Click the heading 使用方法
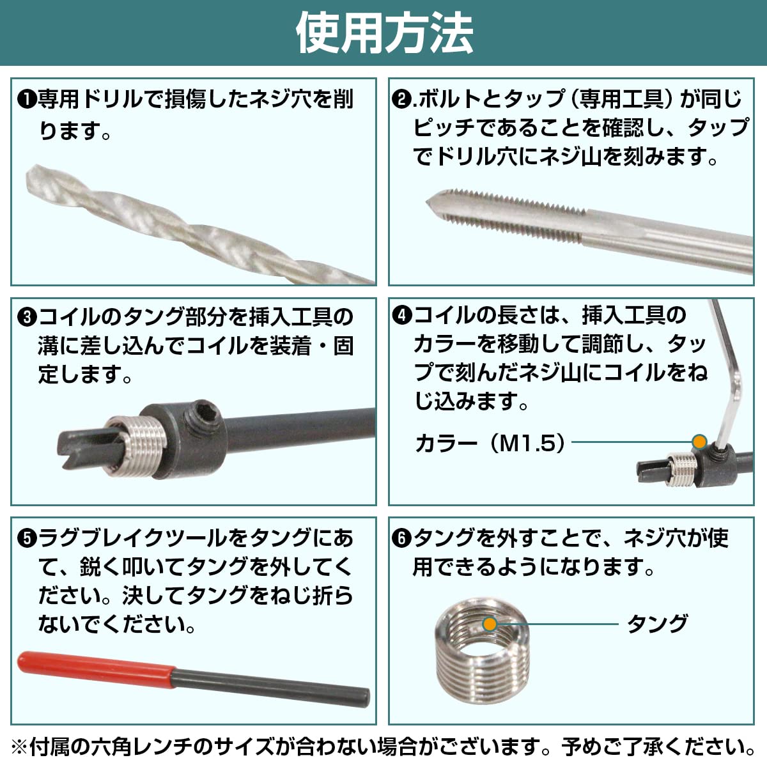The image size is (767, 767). click(x=384, y=33)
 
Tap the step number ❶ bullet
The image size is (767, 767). click(x=27, y=100)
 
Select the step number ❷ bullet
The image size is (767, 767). click(x=401, y=100)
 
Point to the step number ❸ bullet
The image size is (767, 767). click(x=27, y=318)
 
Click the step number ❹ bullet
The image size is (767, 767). click(x=401, y=316)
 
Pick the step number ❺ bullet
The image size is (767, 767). click(x=27, y=539)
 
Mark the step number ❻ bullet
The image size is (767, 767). click(x=401, y=539)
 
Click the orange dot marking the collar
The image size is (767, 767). click(x=700, y=442)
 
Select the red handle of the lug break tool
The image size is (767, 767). click(x=96, y=668)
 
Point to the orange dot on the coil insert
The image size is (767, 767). click(x=490, y=624)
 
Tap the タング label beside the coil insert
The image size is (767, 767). click(x=657, y=623)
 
